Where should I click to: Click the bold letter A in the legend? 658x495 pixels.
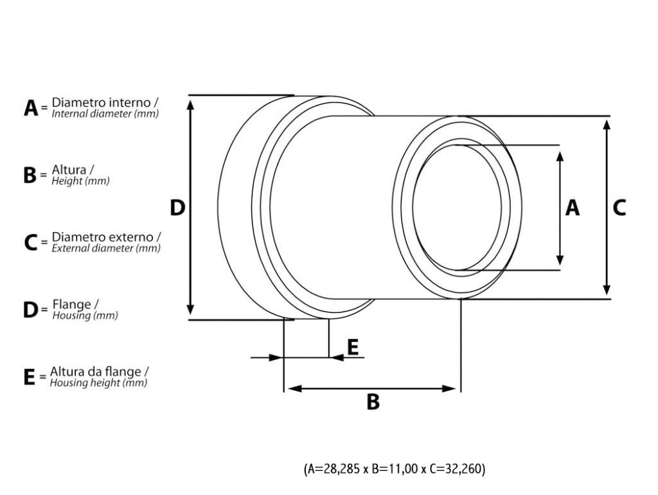[x=31, y=108]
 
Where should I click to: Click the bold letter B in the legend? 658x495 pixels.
[x=30, y=175]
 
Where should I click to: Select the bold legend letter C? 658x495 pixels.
[x=31, y=242]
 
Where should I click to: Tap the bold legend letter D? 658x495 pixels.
[x=31, y=310]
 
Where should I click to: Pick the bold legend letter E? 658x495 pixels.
[x=30, y=377]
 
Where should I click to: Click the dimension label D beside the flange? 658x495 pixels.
[x=177, y=208]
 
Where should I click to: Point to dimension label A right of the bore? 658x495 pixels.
[x=573, y=208]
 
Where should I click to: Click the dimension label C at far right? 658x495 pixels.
[x=619, y=208]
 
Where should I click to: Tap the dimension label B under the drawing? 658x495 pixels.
[x=373, y=402]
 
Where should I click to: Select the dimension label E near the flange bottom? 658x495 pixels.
[x=353, y=347]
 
